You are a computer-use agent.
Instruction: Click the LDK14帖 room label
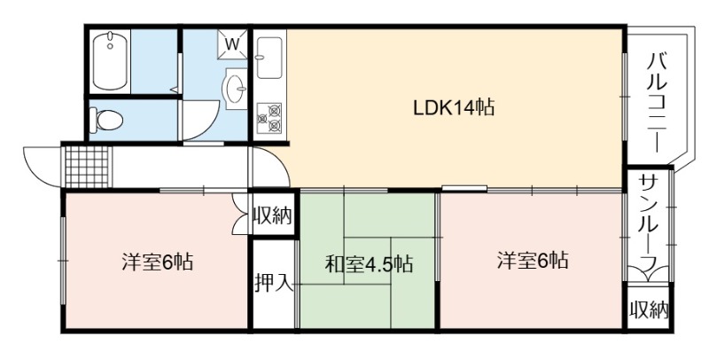(454, 107)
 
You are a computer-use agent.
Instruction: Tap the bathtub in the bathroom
(109, 60)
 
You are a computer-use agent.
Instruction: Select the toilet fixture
(106, 121)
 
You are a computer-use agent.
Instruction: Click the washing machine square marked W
(232, 44)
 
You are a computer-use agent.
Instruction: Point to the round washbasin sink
(235, 89)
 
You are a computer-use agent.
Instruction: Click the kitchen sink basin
(269, 58)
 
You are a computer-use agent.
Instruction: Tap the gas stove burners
(269, 118)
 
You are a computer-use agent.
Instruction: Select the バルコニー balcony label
(655, 102)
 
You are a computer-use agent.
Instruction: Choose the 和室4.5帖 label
(369, 264)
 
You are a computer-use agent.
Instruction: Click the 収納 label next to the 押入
(273, 215)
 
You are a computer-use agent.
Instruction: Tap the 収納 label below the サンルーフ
(649, 309)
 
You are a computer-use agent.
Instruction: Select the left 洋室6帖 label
(157, 262)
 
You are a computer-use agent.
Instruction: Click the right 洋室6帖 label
(533, 261)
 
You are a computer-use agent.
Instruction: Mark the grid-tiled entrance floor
(88, 166)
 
